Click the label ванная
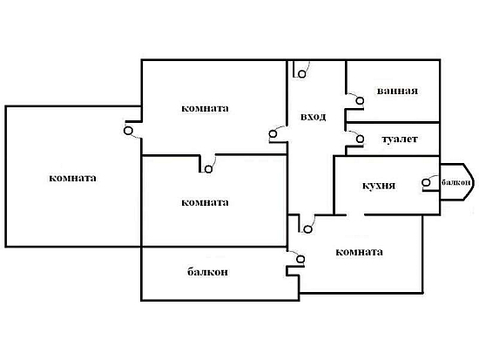coord(397,91)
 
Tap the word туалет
coord(400,139)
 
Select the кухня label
coord(379,186)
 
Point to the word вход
coord(314,117)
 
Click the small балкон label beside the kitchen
coord(455,182)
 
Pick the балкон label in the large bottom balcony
coord(207,272)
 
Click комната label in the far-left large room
coord(72,178)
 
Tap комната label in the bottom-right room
coord(359,252)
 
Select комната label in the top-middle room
coord(205,108)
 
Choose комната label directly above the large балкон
coord(205,202)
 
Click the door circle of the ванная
coord(361,100)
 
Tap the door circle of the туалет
coord(361,139)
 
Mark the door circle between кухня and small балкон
coord(426,182)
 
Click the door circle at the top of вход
coord(302,74)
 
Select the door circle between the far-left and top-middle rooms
coord(128,131)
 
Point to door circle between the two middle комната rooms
coord(208,169)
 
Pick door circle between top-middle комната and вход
coord(273,134)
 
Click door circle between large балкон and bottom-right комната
coord(301,260)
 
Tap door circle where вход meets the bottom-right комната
coord(308,229)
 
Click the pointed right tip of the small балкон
coord(474,181)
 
